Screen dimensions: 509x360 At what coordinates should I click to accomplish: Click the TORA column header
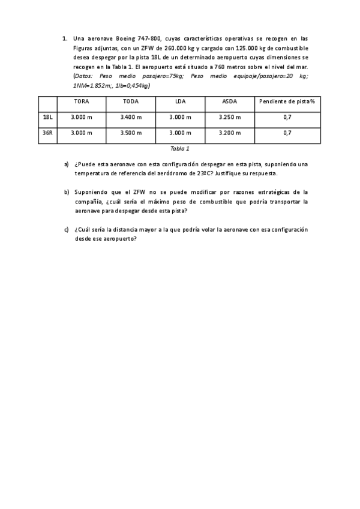coord(81,101)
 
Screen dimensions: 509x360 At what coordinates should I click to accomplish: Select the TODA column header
coord(130,101)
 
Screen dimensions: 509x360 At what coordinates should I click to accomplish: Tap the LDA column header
coord(180,101)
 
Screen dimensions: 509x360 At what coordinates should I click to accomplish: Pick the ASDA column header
coord(229,101)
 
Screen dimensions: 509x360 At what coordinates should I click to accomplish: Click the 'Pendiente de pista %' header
coord(287,101)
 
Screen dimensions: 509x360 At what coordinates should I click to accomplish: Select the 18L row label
coord(47,117)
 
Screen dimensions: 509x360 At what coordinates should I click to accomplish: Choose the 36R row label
coord(47,133)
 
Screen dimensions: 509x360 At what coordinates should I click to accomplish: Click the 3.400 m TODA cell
coord(130,117)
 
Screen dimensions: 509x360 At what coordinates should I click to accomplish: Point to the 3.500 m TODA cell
coord(130,133)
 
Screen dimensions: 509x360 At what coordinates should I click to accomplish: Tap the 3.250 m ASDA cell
coord(229,117)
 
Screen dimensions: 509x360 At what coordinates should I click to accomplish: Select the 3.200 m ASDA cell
coord(229,133)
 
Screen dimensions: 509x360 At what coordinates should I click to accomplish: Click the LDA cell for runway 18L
coord(180,117)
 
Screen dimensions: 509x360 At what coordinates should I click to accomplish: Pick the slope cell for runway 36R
coord(287,133)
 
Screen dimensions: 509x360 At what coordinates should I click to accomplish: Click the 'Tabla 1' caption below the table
coord(179,148)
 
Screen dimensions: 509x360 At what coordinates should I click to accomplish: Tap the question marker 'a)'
coord(67,164)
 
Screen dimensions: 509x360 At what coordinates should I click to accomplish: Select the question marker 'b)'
coord(67,192)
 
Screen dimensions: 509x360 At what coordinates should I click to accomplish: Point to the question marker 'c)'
coord(67,229)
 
